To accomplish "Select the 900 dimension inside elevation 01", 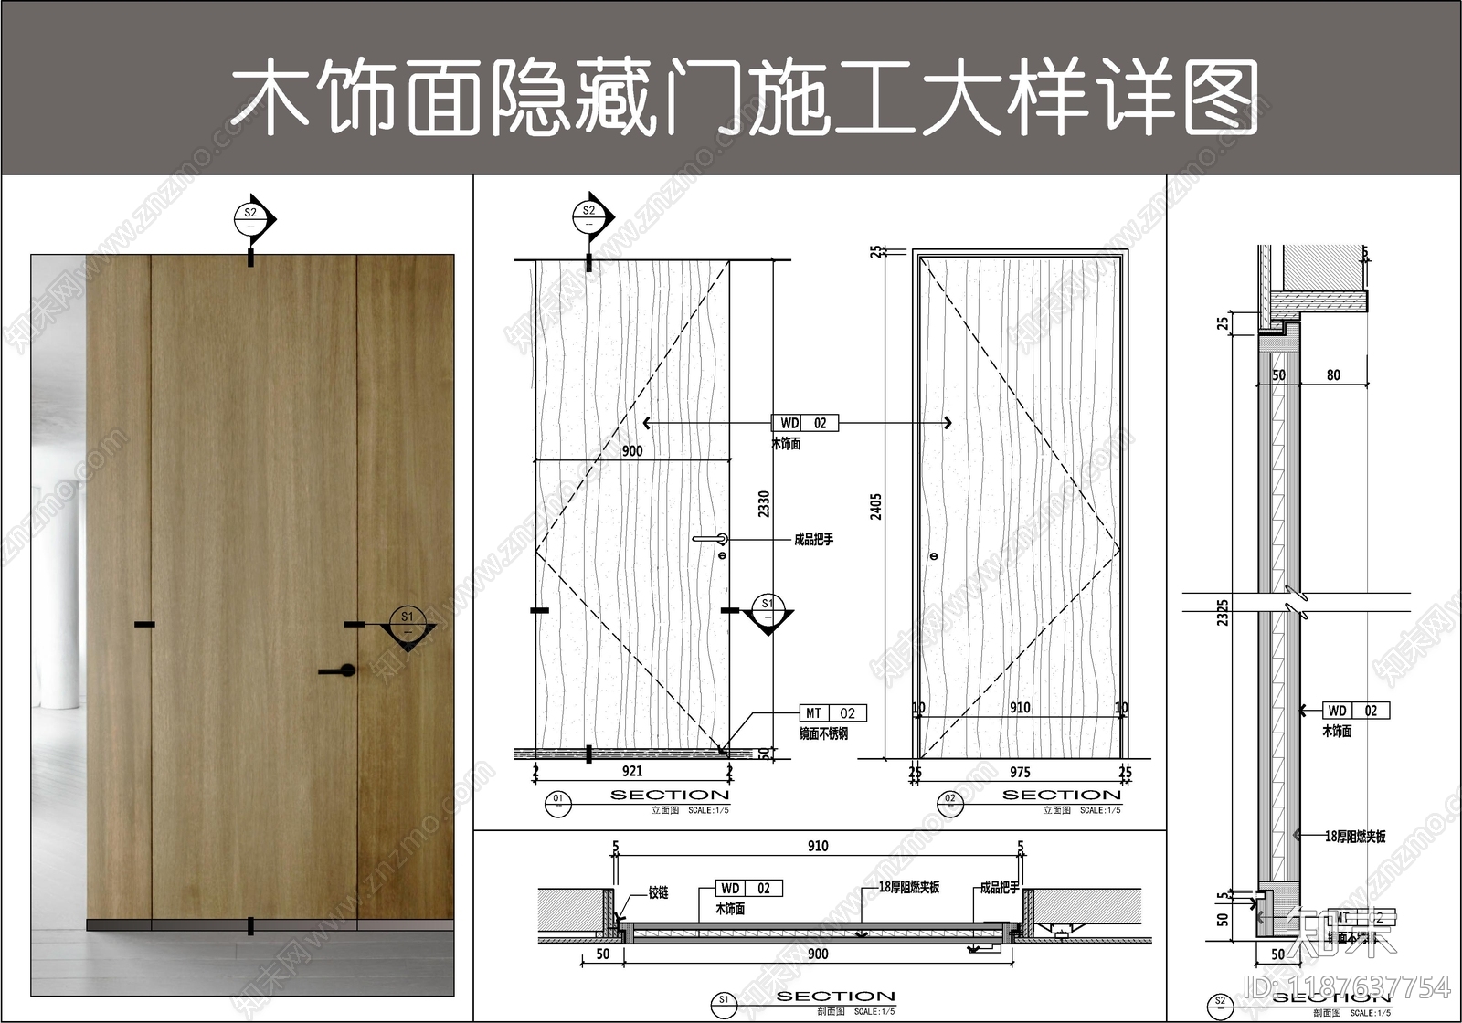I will pos(632,450).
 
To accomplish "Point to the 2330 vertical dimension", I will pos(764,504).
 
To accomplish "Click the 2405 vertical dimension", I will pos(876,507).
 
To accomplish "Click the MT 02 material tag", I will pos(832,713).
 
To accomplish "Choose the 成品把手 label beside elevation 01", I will pos(813,540).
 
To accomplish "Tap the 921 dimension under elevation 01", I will pos(632,771).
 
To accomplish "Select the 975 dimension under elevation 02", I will pos(1020,772).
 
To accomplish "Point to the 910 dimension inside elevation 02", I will pos(1020,708).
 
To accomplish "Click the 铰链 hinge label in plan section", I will pos(659,892).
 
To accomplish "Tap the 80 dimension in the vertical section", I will pos(1333,375).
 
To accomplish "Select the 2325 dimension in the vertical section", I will pos(1223,612).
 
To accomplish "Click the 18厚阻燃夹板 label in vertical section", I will pos(1355,836).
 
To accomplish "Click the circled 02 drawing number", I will pos(949,801).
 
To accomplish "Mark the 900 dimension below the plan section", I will pos(818,954).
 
